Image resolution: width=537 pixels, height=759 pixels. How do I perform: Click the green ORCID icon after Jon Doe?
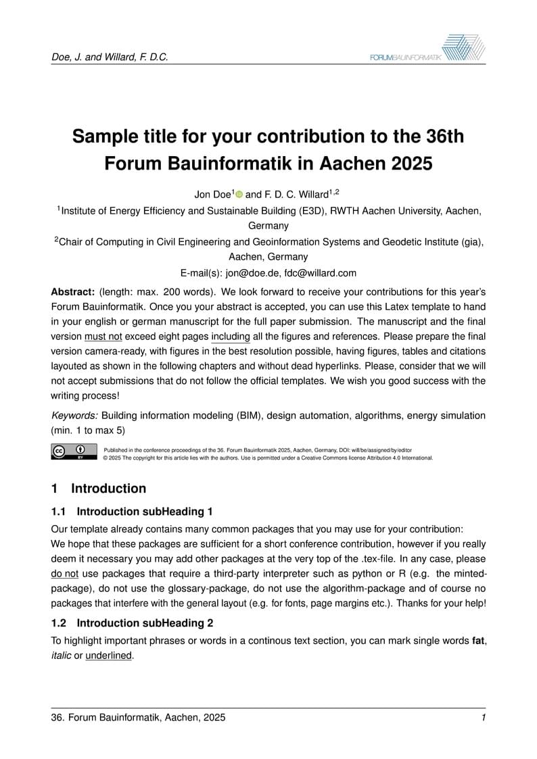coord(239,195)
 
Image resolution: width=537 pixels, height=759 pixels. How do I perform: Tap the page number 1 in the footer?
coord(484,717)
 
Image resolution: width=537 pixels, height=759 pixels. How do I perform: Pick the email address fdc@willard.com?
coord(321,274)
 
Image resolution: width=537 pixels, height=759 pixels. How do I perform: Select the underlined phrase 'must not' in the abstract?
coord(103,337)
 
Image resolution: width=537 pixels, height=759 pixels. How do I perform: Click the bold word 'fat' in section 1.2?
coord(477,641)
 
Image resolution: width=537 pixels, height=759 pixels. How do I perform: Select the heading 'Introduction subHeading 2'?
coord(149,622)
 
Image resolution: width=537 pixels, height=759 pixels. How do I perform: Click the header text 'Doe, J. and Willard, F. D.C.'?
coord(110,57)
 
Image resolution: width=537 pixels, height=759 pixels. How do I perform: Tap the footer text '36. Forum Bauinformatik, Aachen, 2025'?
coord(139,717)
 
